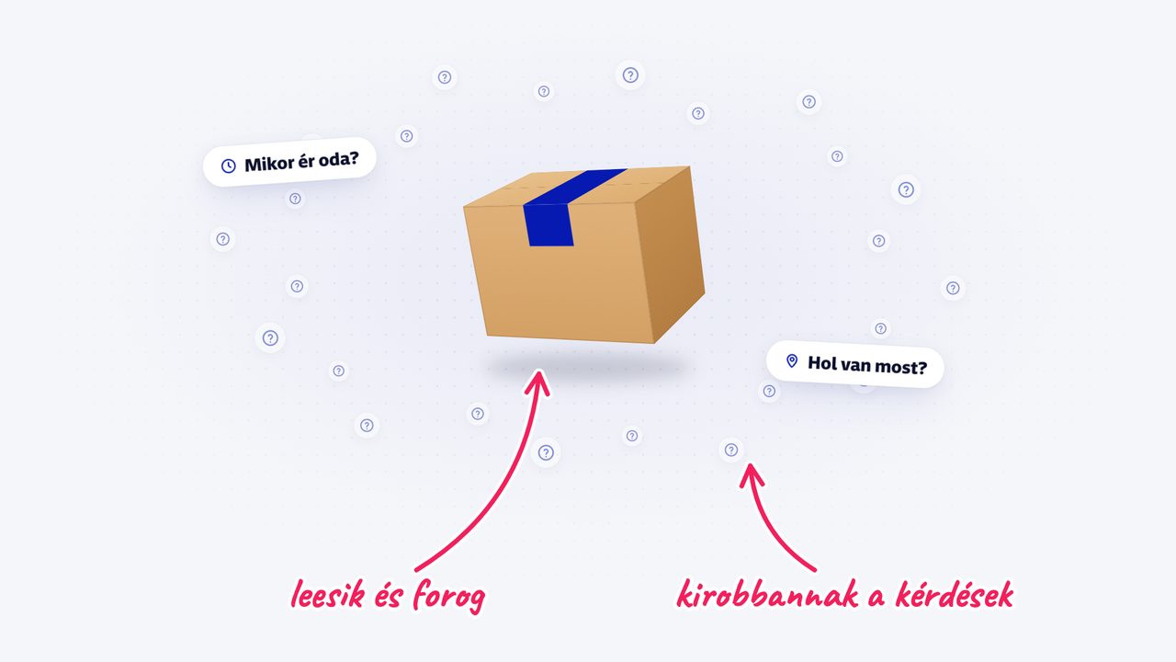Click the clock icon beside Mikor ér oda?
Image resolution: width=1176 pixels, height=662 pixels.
(229, 166)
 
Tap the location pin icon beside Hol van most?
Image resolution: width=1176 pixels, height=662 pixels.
(792, 361)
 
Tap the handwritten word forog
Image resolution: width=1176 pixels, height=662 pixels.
(448, 597)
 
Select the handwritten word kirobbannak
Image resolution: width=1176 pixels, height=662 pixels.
(767, 595)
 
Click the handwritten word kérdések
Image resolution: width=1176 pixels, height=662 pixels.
(955, 595)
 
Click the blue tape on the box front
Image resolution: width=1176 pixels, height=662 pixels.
(548, 225)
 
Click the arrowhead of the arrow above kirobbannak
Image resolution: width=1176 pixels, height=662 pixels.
(752, 474)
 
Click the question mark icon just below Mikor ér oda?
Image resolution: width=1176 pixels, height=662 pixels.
(295, 199)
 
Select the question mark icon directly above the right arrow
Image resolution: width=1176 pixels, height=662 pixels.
(731, 450)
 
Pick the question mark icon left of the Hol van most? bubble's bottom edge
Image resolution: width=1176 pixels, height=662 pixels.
(769, 391)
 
